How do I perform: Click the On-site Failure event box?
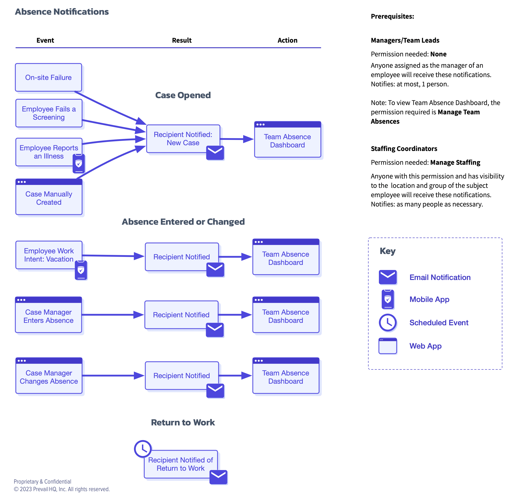click(48, 77)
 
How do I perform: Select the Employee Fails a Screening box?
click(49, 113)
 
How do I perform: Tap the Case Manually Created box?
click(49, 197)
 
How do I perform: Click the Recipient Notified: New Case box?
click(183, 139)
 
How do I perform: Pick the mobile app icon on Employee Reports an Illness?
click(79, 163)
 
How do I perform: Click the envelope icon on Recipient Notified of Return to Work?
click(218, 477)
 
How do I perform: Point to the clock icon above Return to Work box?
click(143, 449)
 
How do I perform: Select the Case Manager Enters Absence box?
click(48, 315)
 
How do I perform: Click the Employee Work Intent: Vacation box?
click(49, 255)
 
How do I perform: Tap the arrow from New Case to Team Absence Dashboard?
click(237, 139)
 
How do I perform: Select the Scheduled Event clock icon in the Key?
click(388, 322)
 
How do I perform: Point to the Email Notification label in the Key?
click(440, 277)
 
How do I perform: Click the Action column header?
click(287, 40)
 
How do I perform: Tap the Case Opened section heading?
click(183, 95)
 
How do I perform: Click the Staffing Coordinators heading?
click(404, 149)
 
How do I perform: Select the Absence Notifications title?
click(62, 12)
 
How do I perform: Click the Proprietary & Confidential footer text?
click(42, 481)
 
